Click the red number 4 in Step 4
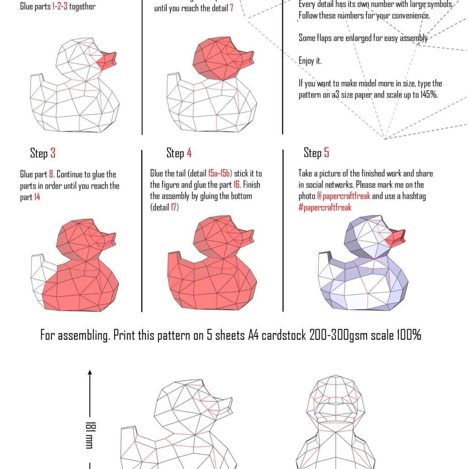(189, 153)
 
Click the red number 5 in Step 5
(326, 153)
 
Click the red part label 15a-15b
(220, 174)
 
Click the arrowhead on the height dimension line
(90, 373)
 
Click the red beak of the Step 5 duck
(395, 238)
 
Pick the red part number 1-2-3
(59, 7)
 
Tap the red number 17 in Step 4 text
(174, 207)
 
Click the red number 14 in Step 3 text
(37, 197)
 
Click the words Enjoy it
(310, 61)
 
